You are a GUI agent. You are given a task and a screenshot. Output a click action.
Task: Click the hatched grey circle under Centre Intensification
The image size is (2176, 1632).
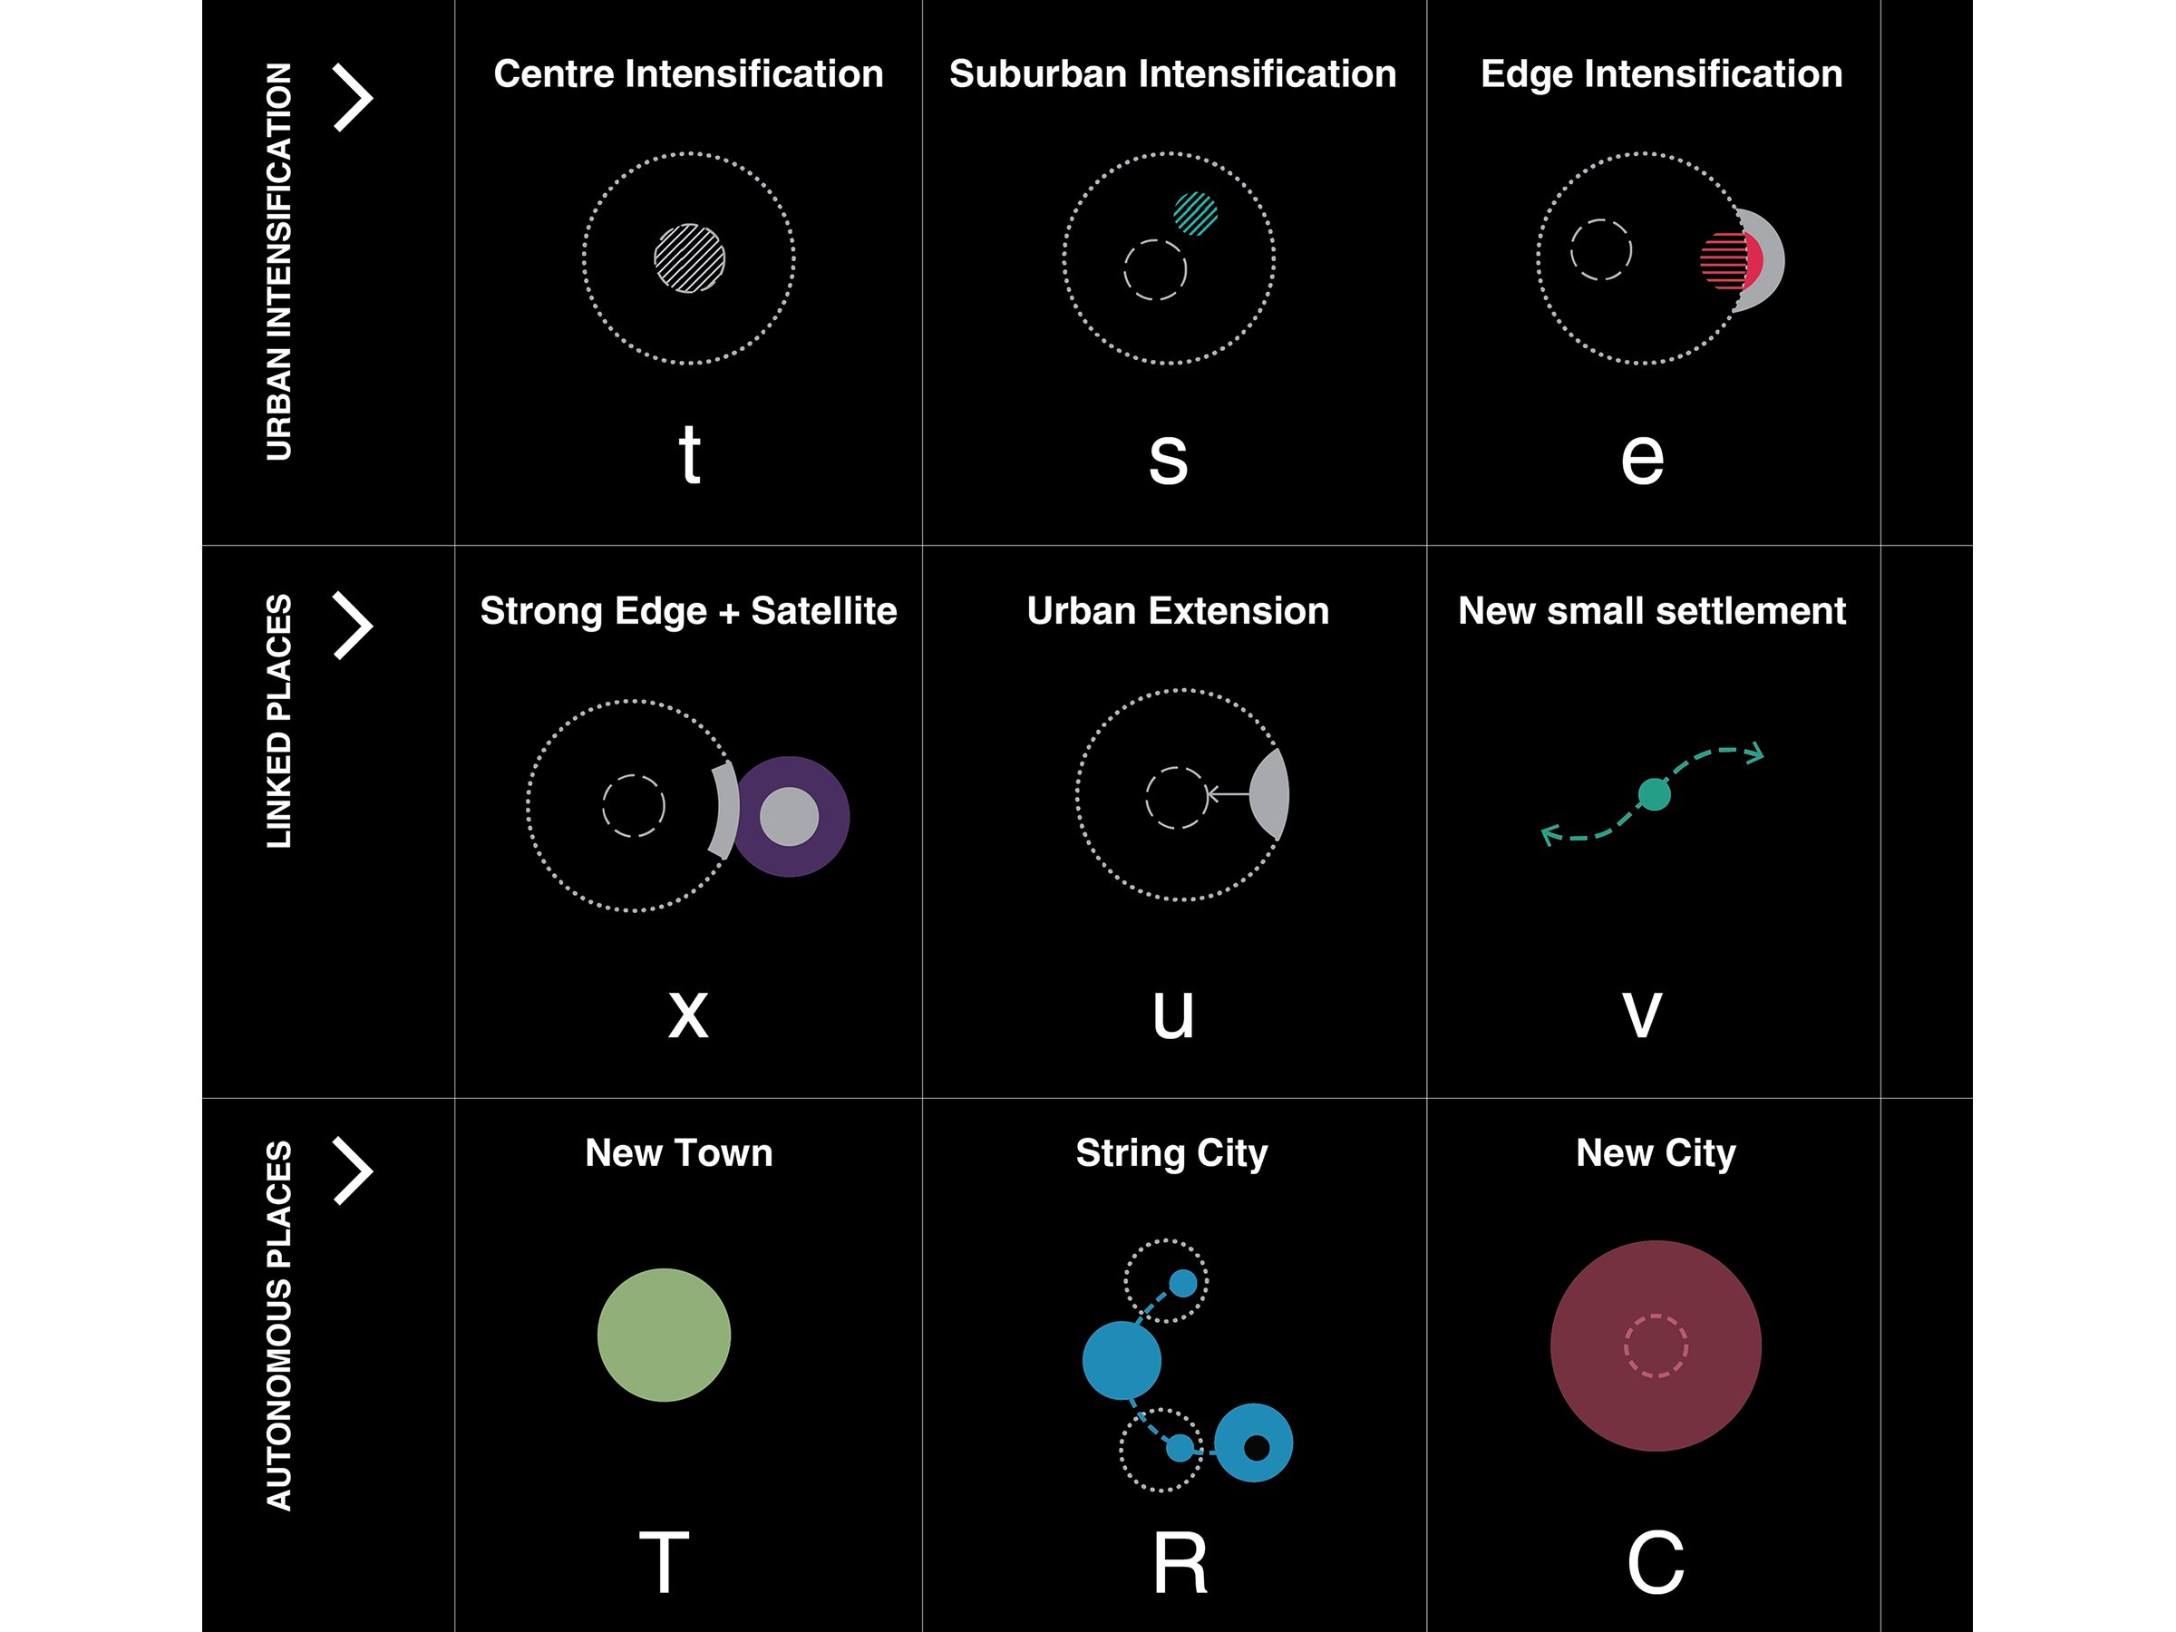coord(690,258)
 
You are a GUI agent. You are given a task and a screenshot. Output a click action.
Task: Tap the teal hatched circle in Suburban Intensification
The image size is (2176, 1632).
coord(1195,213)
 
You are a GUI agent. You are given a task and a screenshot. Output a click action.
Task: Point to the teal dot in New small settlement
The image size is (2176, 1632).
coord(1654,794)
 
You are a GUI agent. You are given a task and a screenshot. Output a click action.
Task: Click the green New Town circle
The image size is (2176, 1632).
coord(664,1335)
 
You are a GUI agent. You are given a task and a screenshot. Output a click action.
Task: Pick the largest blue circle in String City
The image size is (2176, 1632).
coord(1122,1361)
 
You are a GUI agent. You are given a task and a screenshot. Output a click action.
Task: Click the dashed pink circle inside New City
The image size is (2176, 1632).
coord(1656,1345)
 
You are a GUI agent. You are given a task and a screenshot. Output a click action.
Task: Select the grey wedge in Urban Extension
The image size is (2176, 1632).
coord(1271,794)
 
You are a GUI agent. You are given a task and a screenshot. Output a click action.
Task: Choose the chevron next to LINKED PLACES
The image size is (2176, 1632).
coord(352,625)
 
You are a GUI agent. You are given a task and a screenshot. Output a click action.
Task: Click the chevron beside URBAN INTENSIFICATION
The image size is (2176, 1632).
coord(352,97)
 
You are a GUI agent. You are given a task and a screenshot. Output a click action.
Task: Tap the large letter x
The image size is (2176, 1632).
coord(687,1014)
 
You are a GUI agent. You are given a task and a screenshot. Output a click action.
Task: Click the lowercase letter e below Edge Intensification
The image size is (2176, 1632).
coord(1642,458)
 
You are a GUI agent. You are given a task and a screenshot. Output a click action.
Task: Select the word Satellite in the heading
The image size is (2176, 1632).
coord(823,611)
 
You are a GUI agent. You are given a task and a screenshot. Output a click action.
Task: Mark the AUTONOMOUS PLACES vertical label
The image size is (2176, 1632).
coord(279,1324)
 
